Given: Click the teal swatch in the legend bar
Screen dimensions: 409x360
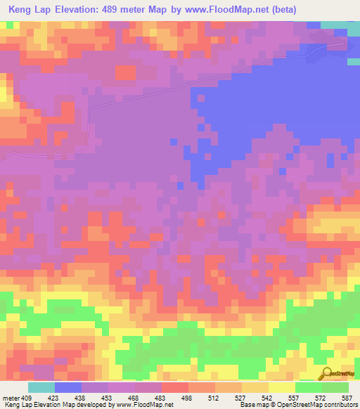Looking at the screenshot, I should (x=41, y=387).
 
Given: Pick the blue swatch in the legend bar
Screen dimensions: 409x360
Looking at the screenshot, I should (x=68, y=387).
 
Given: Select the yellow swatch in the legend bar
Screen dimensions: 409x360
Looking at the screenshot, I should (x=282, y=387).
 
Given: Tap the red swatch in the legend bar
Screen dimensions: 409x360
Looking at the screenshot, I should (x=175, y=387).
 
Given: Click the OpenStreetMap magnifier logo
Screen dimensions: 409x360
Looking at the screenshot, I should (x=326, y=373).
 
